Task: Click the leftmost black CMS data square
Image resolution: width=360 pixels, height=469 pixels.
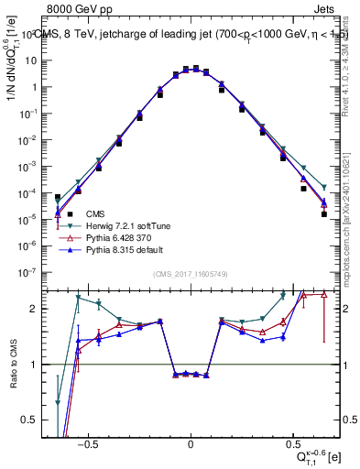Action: pyautogui.click(x=58, y=197)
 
